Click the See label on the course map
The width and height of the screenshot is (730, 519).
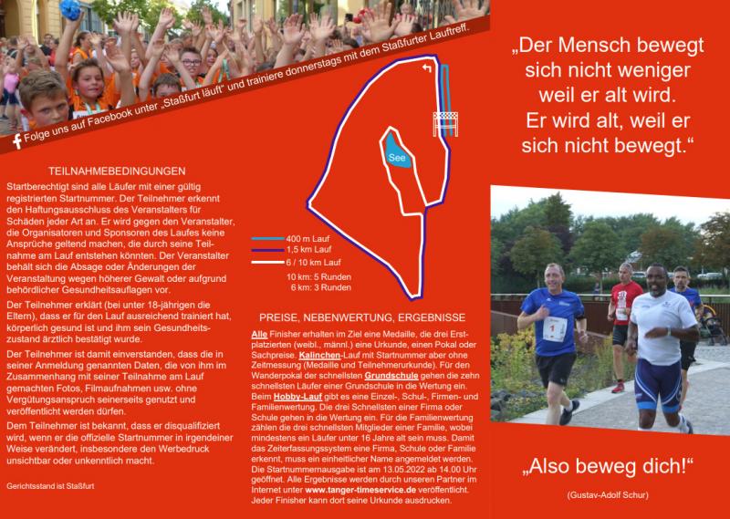pos(397,157)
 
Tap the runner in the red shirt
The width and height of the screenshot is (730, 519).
pos(624,310)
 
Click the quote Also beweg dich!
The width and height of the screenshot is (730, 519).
pos(609,465)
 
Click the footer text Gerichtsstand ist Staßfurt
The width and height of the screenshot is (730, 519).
pos(51,486)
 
